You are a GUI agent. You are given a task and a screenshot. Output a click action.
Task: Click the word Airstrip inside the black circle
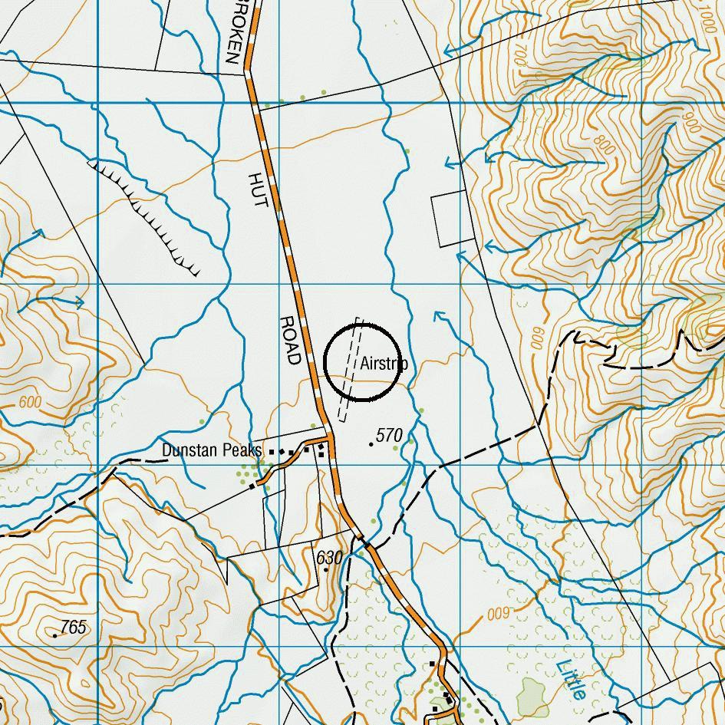coord(383,364)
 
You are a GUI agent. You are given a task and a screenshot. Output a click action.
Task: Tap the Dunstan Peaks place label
coord(212,450)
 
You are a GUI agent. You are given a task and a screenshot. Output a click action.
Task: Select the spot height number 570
coord(390,436)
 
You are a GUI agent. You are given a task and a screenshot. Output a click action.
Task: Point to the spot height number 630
coord(328,556)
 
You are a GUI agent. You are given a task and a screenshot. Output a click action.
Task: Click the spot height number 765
coord(73,628)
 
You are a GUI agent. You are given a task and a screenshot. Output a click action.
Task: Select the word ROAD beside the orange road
coord(289,340)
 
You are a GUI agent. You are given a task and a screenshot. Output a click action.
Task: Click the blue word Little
coord(572,680)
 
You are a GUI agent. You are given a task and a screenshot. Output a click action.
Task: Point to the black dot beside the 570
coord(372,443)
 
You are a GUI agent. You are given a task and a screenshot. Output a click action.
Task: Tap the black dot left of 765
coord(55,635)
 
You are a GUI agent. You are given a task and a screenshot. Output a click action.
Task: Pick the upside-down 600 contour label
coord(497,614)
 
